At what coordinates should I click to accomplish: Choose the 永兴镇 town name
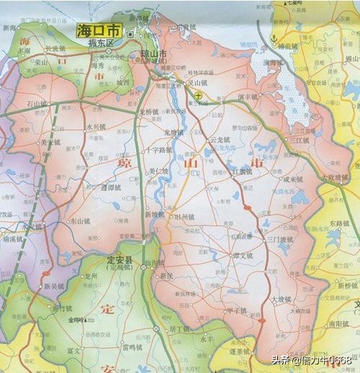(x=96, y=127)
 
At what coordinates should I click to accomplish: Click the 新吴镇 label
(x=54, y=286)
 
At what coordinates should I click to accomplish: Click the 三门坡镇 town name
(x=280, y=240)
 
